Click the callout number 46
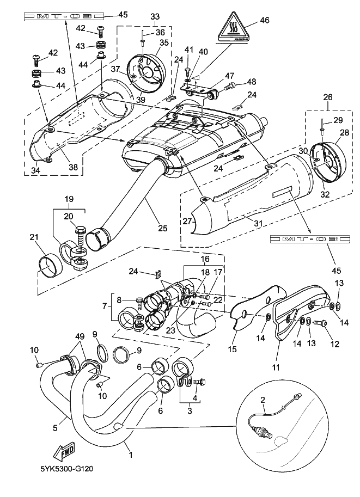(265, 21)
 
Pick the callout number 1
(129, 452)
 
